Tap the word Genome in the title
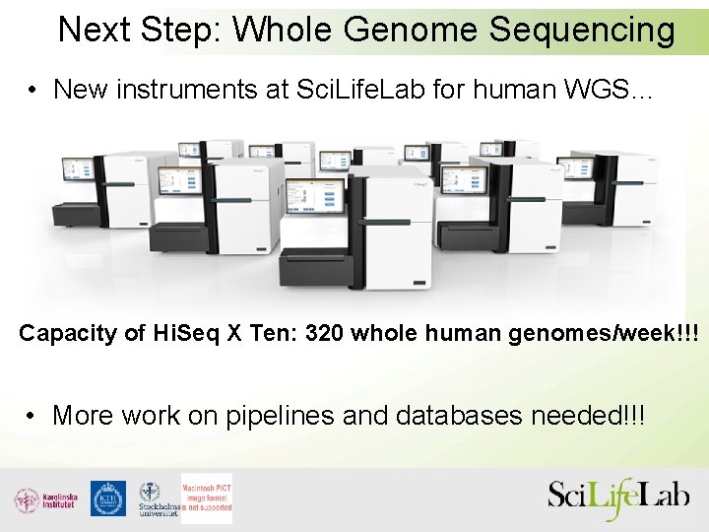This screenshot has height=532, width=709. point(411,31)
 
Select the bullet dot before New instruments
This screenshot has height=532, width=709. point(33,91)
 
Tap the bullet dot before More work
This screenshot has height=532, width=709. point(33,416)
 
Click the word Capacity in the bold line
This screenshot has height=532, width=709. point(67,334)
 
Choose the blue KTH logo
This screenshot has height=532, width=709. point(108,499)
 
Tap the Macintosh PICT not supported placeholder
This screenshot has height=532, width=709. point(207,499)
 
